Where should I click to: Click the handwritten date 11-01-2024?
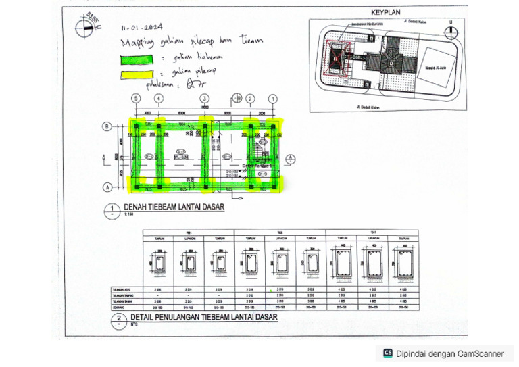pyautogui.click(x=143, y=28)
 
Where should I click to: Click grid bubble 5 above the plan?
pyautogui.click(x=136, y=99)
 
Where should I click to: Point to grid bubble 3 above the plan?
pyautogui.click(x=204, y=99)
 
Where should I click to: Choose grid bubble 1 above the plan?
pyautogui.click(x=272, y=99)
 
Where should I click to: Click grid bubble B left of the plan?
pyautogui.click(x=107, y=126)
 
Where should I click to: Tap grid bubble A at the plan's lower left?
pyautogui.click(x=107, y=187)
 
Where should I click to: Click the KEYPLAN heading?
pyautogui.click(x=387, y=12)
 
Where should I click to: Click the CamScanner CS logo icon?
pyautogui.click(x=388, y=353)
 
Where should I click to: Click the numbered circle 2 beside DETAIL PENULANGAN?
pyautogui.click(x=119, y=318)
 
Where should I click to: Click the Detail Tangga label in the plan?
pyautogui.click(x=255, y=164)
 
